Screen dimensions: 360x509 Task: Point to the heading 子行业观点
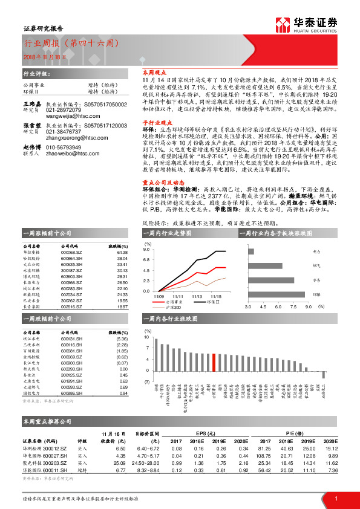[x=157, y=122]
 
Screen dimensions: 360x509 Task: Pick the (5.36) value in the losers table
[x=122, y=339]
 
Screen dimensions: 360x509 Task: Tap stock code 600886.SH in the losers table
[x=71, y=393]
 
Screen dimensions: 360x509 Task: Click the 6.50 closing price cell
[x=120, y=448]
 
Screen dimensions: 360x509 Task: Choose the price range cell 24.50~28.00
[x=149, y=462]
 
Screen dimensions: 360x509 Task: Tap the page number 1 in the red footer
[x=335, y=498]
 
